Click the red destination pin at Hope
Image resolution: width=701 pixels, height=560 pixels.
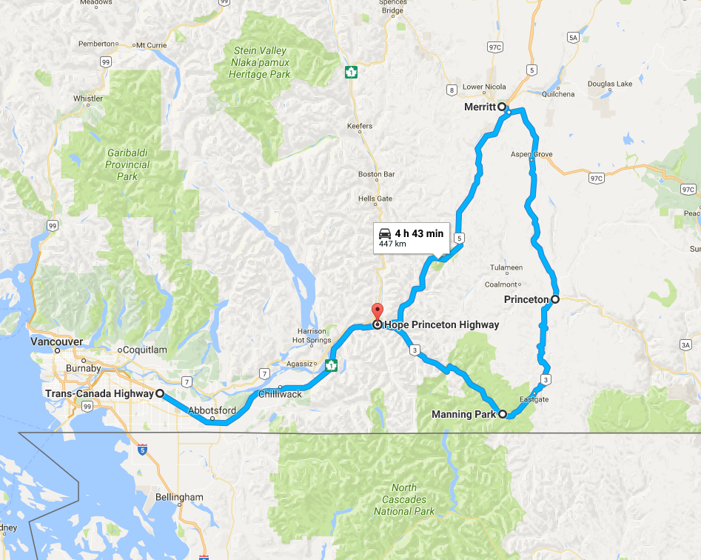376,311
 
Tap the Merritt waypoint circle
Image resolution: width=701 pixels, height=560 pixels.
502,107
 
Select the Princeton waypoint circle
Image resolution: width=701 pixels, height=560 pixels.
554,299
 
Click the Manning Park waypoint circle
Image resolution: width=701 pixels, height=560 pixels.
502,414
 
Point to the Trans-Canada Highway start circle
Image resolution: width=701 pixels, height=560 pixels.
159,394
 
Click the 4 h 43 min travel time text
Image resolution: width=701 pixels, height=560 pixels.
419,234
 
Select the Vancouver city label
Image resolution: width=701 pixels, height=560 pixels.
56,342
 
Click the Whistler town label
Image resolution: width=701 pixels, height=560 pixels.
88,99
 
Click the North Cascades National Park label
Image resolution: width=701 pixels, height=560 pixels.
404,499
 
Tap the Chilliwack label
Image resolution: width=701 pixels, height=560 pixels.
280,394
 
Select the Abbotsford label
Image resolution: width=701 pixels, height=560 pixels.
212,410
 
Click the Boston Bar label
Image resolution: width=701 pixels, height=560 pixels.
375,174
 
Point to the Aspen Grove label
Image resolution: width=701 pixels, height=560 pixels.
531,154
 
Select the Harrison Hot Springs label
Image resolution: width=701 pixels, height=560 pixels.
309,336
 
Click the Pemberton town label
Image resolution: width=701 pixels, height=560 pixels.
98,44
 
